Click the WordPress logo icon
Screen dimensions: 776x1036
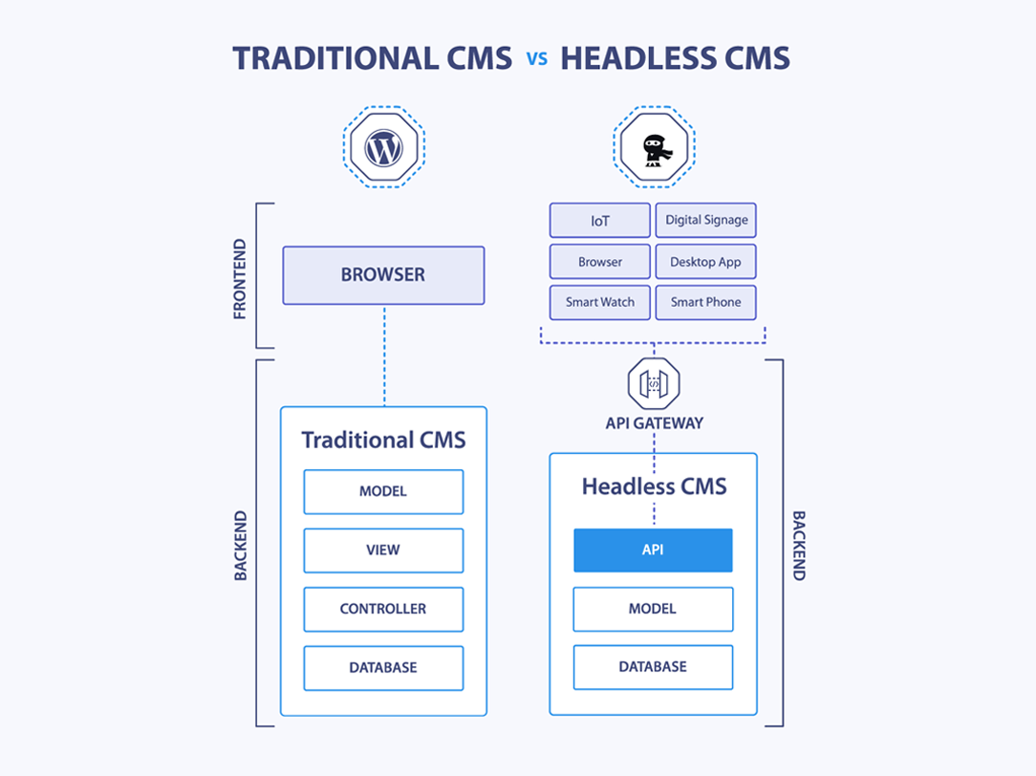[383, 148]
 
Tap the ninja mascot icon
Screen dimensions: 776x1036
[654, 148]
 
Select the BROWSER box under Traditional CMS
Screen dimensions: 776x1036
[383, 275]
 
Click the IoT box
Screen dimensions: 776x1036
[599, 221]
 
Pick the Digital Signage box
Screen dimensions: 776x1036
[706, 221]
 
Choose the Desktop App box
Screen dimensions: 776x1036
[706, 262]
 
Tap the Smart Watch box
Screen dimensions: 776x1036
[599, 302]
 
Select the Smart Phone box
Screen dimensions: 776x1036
[706, 302]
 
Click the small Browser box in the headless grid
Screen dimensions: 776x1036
[599, 262]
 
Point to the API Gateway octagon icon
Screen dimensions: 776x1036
[654, 383]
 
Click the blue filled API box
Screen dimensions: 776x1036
[653, 550]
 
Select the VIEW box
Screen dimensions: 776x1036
[383, 550]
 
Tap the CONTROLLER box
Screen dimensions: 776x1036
[383, 610]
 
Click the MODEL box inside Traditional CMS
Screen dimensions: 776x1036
[383, 491]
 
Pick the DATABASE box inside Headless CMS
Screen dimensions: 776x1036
[653, 667]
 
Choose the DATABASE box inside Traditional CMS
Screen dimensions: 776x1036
[383, 668]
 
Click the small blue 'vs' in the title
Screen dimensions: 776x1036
[536, 59]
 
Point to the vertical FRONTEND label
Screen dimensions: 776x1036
[240, 279]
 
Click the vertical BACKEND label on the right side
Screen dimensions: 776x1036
[799, 545]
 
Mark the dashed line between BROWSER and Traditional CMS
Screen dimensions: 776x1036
[384, 356]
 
